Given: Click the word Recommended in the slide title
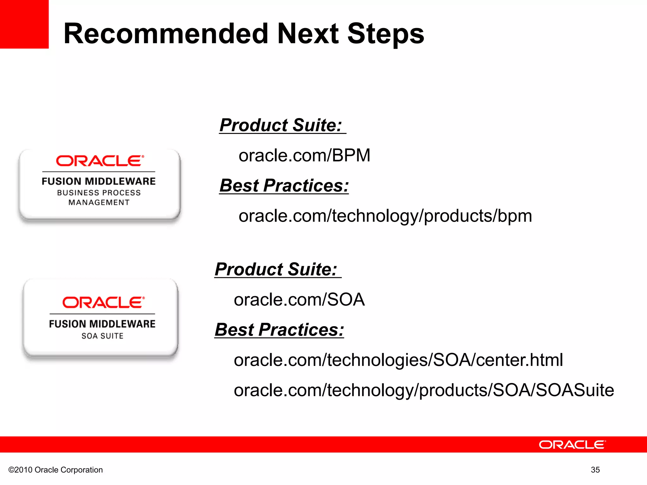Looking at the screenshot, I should point(166,34).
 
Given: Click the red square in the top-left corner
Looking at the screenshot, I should point(24,24).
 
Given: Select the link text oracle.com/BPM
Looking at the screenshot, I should point(304,155).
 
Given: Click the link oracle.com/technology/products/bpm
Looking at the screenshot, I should point(385,216).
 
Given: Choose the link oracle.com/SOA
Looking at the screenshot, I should point(299,300).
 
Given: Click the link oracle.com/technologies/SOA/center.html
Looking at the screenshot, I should point(398,360).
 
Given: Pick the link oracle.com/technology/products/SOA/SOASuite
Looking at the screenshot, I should point(424,390).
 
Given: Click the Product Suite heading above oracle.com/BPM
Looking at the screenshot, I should point(281,125).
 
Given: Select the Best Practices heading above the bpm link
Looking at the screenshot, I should point(284,186).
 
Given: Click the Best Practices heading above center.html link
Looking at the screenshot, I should point(279,330).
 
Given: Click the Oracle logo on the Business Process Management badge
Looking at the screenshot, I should point(100,161).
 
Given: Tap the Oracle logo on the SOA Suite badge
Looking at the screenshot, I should point(103,302).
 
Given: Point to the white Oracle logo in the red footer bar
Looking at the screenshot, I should point(572,445).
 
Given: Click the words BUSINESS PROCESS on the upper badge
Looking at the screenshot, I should point(99,193).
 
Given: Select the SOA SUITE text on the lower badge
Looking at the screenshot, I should point(102,336).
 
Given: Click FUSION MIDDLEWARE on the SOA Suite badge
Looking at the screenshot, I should point(102,324).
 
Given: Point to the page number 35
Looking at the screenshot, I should point(595,470).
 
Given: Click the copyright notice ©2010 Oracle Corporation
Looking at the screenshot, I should point(56,470).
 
